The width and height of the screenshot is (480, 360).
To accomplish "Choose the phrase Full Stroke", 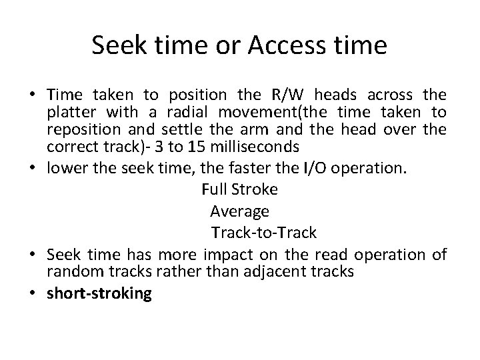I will coord(239,189).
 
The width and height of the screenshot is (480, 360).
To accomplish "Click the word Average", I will coord(239,211).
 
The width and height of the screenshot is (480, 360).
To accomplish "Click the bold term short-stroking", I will coord(99,293).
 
